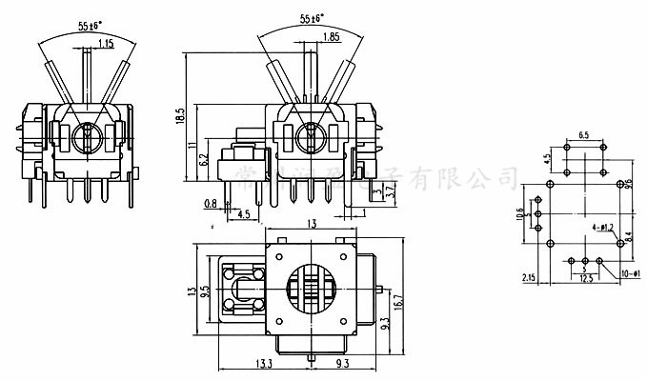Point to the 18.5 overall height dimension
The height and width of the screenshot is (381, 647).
point(179,114)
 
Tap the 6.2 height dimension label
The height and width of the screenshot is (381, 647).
point(203,159)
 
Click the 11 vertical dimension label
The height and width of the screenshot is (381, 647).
point(192,145)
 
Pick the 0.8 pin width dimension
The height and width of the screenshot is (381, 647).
point(211,203)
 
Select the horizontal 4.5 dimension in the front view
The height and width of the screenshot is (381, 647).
point(245,215)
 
